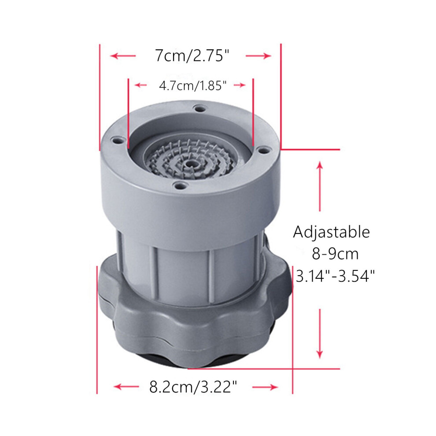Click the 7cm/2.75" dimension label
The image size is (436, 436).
[192, 55]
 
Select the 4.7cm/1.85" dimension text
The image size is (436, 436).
[193, 85]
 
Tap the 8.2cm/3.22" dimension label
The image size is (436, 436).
[193, 387]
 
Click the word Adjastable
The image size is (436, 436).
[332, 232]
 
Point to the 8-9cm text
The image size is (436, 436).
[335, 254]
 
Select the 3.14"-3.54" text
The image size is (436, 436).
[335, 276]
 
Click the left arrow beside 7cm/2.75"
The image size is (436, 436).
[123, 56]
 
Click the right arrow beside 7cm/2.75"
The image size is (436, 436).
[259, 56]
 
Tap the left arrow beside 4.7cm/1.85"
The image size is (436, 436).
[140, 85]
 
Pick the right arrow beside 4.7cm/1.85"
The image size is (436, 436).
[240, 85]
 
